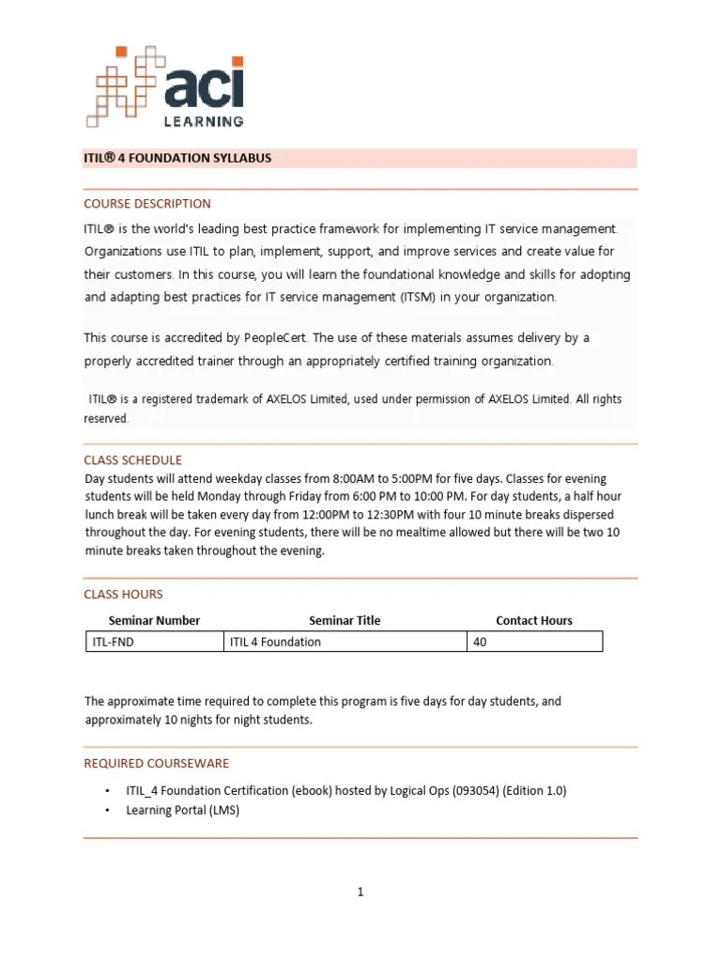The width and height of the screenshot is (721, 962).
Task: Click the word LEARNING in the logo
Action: click(x=205, y=120)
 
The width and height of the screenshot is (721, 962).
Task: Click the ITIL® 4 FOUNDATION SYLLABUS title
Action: click(x=177, y=158)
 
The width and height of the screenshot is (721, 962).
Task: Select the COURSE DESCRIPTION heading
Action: click(x=147, y=204)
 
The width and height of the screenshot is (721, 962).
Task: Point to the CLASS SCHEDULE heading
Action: click(x=132, y=460)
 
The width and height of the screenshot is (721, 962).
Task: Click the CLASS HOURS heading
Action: click(x=123, y=595)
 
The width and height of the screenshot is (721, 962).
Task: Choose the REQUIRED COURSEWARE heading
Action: click(x=156, y=764)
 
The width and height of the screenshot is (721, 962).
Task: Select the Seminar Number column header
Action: click(x=154, y=621)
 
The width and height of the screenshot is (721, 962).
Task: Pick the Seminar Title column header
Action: click(x=345, y=621)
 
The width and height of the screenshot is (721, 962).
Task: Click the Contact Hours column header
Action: click(x=533, y=621)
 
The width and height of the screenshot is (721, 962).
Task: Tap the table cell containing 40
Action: click(x=533, y=643)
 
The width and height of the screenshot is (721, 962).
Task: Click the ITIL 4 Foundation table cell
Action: click(x=345, y=643)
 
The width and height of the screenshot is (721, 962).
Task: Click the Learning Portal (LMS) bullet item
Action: click(x=183, y=810)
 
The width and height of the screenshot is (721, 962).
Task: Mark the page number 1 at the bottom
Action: click(x=360, y=892)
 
